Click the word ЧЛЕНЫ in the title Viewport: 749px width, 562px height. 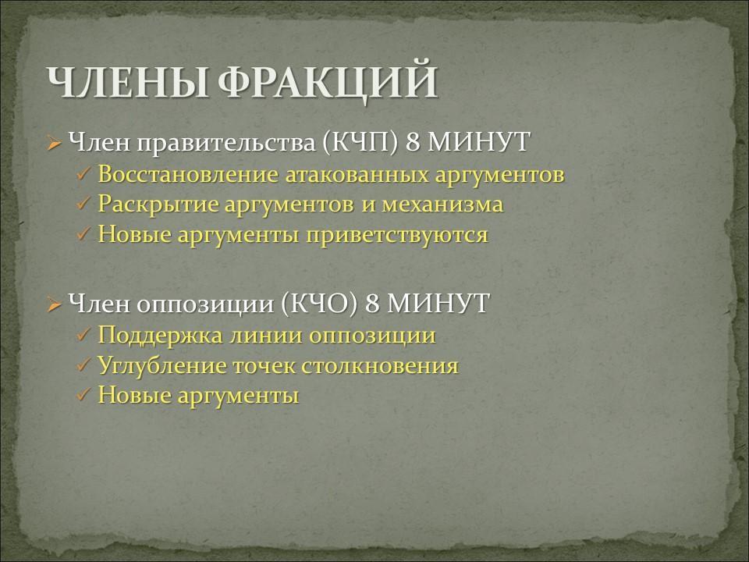(x=127, y=82)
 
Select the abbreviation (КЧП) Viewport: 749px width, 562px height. (x=360, y=142)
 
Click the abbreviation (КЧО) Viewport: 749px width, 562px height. (x=319, y=303)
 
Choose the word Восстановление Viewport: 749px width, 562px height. (x=188, y=174)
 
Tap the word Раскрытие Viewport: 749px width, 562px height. (x=158, y=205)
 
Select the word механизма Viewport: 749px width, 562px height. (x=442, y=205)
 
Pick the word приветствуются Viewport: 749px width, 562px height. (x=397, y=236)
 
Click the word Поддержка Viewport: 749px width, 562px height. (x=160, y=336)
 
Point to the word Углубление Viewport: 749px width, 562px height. (x=162, y=366)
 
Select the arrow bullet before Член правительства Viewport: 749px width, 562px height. (x=54, y=143)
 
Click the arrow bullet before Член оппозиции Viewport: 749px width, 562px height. (x=54, y=304)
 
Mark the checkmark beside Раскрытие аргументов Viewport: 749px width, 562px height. (x=84, y=205)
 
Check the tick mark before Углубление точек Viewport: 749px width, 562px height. (x=84, y=365)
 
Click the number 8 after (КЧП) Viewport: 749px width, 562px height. (x=412, y=142)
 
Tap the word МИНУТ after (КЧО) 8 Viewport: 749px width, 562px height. (x=438, y=303)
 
